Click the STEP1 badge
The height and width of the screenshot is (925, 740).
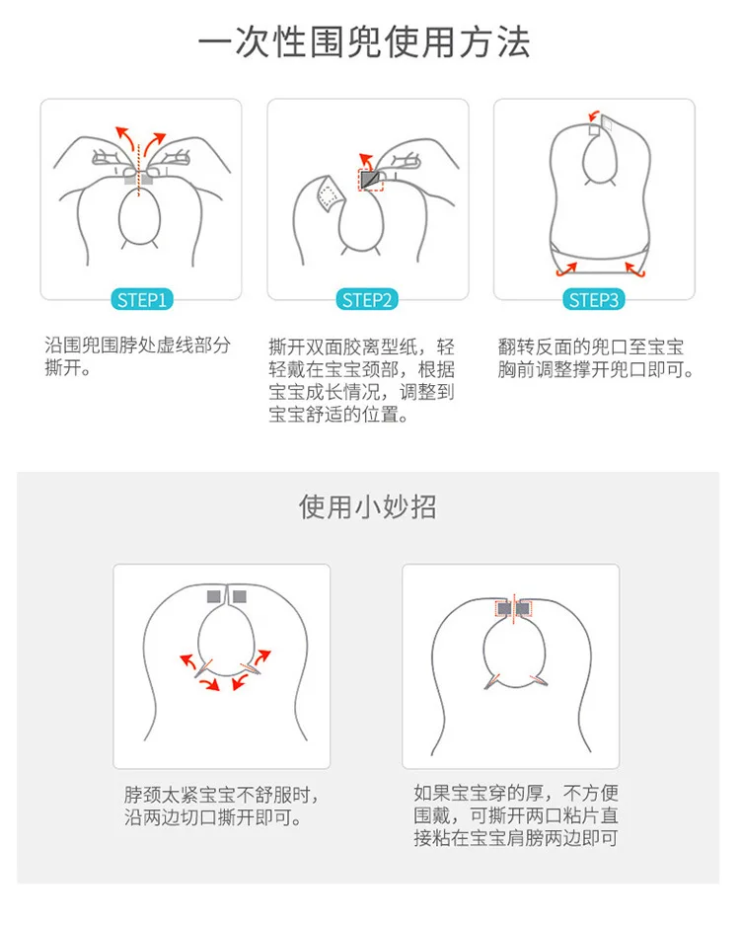coord(141,300)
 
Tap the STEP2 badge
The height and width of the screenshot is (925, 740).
coord(367,300)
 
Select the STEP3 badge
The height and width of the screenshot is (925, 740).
coord(593,300)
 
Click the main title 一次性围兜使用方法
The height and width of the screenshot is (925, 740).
coord(364,42)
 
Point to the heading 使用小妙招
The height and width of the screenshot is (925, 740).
coord(367,506)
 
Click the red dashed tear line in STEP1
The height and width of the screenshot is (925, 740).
coord(138,170)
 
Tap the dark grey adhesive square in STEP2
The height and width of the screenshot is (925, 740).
coord(370,179)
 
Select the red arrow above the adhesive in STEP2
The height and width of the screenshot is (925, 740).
coord(367,161)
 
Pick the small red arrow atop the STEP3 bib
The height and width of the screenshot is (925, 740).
coord(594,116)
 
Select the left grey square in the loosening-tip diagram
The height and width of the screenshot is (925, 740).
coord(214,596)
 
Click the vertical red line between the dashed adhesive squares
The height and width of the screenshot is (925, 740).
coord(514,609)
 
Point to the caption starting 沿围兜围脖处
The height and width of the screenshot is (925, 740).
coord(137,356)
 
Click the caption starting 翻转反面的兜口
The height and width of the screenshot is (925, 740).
coord(596,358)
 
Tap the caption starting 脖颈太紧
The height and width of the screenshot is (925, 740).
coord(222,806)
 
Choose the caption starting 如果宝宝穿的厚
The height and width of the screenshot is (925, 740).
coord(516,815)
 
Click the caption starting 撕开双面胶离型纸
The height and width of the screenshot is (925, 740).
coord(361,380)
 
